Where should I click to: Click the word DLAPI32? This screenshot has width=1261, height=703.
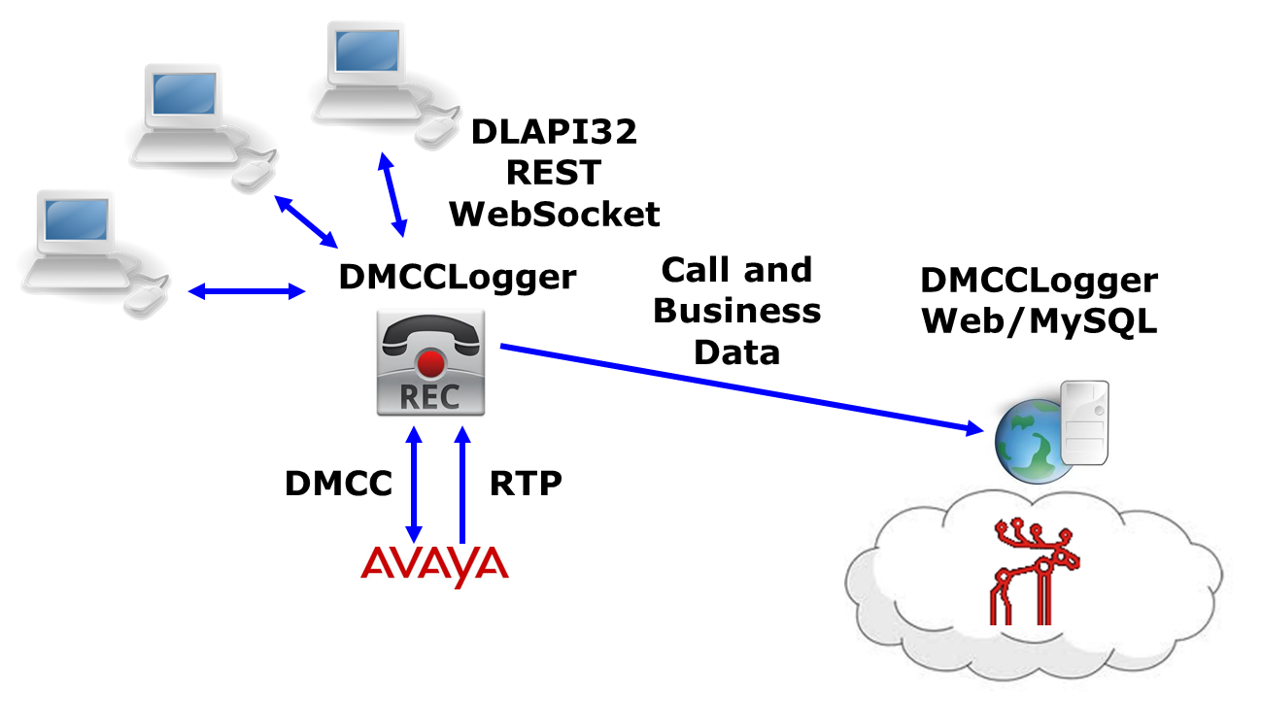(554, 132)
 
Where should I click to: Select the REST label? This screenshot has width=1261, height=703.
(554, 173)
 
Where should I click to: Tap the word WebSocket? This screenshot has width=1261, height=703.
(554, 214)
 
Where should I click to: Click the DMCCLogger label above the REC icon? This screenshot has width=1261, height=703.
(457, 278)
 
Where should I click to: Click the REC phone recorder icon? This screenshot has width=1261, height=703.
(430, 364)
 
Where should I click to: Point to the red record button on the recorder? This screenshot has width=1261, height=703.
(430, 366)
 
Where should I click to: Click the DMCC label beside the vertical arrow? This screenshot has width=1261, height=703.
(338, 484)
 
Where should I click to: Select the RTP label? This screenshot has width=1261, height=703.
(526, 484)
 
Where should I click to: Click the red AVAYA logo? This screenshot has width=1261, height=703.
(434, 566)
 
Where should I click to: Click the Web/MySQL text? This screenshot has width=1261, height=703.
(1039, 321)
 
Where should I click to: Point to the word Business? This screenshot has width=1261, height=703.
(736, 311)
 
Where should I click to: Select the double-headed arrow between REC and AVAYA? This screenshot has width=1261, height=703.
(415, 485)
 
